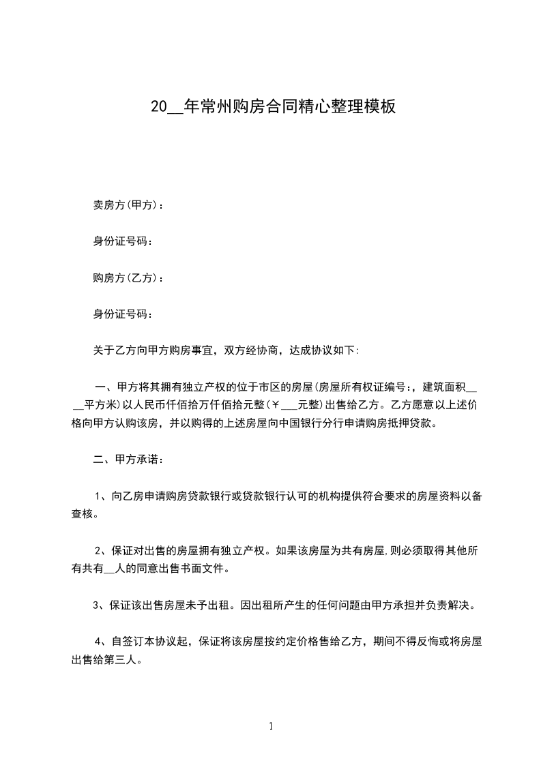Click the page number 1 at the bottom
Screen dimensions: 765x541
(271, 726)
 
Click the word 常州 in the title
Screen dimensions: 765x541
(209, 107)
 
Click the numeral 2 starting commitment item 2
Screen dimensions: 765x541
(99, 551)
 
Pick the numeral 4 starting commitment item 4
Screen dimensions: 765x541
(99, 642)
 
